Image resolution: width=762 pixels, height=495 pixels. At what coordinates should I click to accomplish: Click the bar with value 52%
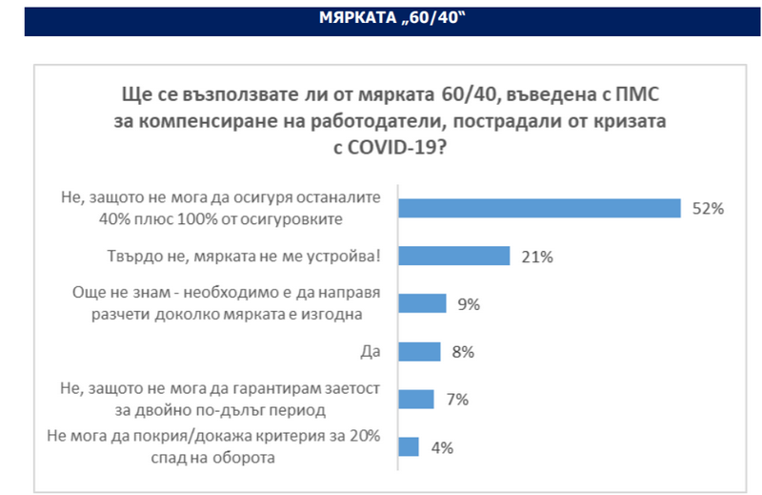coord(539,208)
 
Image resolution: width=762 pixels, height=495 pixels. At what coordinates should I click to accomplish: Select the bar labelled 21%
coord(453,256)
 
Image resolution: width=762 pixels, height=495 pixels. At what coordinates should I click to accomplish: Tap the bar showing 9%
coord(422,303)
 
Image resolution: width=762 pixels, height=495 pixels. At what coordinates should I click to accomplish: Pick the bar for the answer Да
coord(419,351)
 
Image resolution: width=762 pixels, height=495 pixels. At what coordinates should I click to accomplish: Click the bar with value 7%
coord(416,399)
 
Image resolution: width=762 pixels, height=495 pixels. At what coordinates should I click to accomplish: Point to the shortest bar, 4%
coord(409,445)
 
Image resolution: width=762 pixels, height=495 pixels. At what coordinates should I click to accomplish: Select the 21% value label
coord(538,257)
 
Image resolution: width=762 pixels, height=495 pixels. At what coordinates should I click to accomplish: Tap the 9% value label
coord(470,304)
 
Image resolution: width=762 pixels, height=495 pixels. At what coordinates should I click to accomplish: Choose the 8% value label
coord(463,352)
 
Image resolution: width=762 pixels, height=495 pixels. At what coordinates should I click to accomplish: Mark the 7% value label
coord(456,400)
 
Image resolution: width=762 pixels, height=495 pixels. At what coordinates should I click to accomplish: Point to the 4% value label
coord(442,446)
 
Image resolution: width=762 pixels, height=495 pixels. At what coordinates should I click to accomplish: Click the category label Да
coord(371,351)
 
